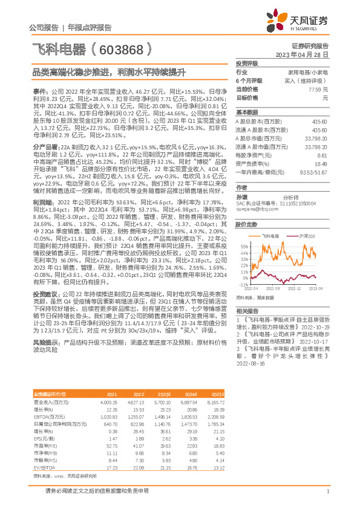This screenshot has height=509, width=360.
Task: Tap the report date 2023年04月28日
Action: [x=302, y=54]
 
